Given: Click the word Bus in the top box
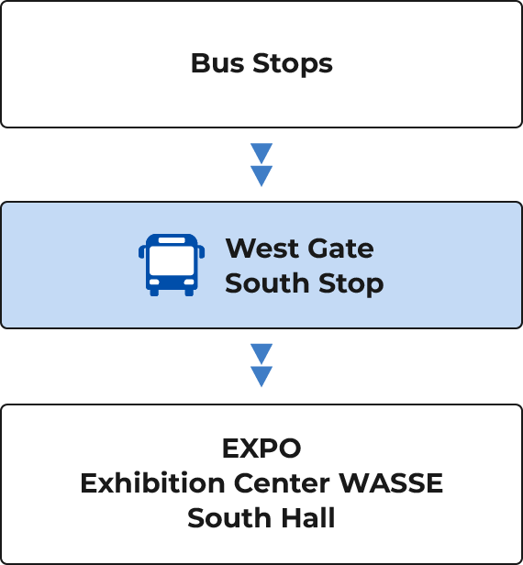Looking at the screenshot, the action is [217, 63].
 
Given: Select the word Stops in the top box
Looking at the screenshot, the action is [293, 64].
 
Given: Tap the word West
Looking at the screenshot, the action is [262, 249].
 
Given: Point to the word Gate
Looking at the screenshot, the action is [340, 249].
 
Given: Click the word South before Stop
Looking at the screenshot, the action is [267, 283].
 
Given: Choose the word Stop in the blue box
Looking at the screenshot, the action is [351, 284].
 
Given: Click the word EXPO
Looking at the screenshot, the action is [261, 449].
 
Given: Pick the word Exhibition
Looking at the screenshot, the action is [153, 482].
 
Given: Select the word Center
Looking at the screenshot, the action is [282, 483].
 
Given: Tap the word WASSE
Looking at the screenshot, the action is [391, 483].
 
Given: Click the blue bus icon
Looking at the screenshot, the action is [172, 265].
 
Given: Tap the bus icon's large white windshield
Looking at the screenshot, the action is [172, 260].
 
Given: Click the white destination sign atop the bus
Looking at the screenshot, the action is [172, 240].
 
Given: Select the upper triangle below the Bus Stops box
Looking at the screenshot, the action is [261, 151].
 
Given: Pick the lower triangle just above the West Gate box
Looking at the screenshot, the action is [261, 174].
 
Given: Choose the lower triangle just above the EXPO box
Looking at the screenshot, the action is [261, 375].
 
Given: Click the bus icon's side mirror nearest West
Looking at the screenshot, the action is [202, 251].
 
